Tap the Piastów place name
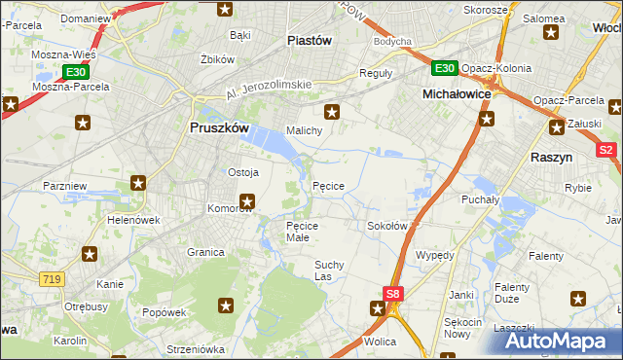[x=311, y=40]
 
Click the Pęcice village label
[x=327, y=185]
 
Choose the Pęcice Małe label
[x=310, y=232]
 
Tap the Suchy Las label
[x=330, y=270]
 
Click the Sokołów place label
[x=386, y=226]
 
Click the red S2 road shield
[x=605, y=150]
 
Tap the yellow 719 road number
[x=53, y=278]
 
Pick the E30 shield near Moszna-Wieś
[x=76, y=72]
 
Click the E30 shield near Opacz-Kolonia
[x=444, y=67]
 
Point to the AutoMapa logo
[x=554, y=341]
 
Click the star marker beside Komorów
[x=247, y=201]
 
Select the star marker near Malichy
[x=332, y=111]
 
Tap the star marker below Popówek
[x=226, y=306]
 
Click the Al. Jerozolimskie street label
[x=268, y=90]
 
